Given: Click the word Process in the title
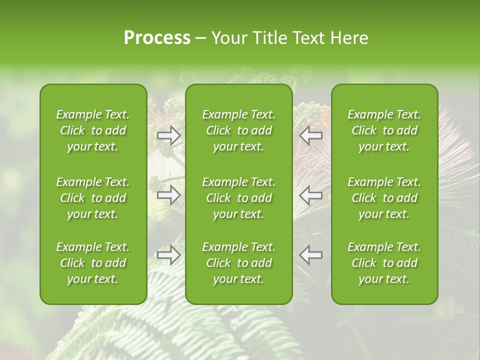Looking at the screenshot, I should coord(157,38).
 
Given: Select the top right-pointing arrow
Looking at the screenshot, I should coord(169,135).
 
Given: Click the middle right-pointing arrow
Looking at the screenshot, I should coord(169,195).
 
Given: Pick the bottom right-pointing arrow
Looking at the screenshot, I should coord(169,255).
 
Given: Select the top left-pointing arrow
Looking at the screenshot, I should coord(310,135).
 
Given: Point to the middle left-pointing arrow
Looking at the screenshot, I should coord(310,195).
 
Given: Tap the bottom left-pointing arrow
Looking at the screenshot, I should coord(310,255).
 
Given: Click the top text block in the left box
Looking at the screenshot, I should coord(93,130).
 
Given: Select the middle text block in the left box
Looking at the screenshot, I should coord(93,198).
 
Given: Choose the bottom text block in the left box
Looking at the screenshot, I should coord(93,263).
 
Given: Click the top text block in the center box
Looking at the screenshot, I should coord(238,130).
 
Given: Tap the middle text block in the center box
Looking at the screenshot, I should coord(238,198).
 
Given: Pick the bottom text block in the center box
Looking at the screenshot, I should coord(238,263).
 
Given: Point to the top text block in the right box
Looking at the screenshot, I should coord(384,130).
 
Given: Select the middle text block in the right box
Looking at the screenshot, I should coord(384,198).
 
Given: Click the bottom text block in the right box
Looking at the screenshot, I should coord(384,263).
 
